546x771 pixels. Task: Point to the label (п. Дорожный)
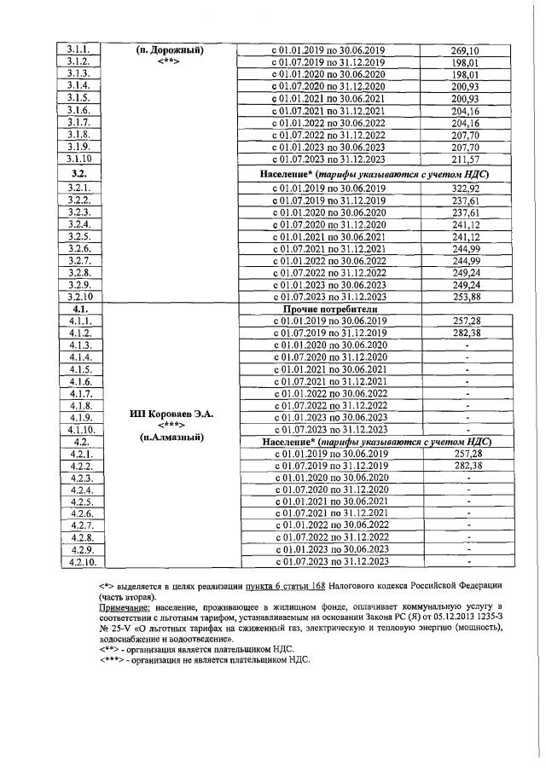click(x=168, y=49)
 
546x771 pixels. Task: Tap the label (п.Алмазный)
click(x=167, y=437)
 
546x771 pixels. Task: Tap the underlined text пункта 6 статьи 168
click(x=295, y=586)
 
